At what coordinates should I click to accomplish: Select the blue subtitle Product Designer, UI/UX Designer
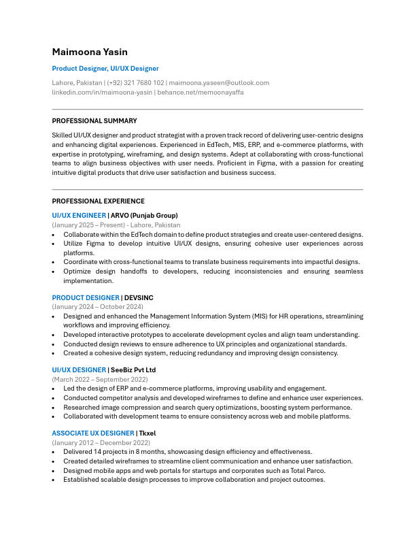pyautogui.click(x=105, y=69)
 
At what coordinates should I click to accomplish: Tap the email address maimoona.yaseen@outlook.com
pyautogui.click(x=219, y=82)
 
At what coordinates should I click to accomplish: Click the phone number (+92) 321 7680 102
pyautogui.click(x=135, y=82)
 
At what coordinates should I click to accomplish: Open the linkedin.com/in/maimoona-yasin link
pyautogui.click(x=102, y=92)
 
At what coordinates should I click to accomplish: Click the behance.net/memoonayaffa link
pyautogui.click(x=201, y=92)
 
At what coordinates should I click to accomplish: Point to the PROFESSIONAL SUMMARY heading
pyautogui.click(x=94, y=121)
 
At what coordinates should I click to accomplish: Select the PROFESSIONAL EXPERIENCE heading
pyautogui.click(x=98, y=201)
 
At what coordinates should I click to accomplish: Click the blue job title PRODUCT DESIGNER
pyautogui.click(x=85, y=298)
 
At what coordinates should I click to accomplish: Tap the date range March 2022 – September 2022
pyautogui.click(x=100, y=379)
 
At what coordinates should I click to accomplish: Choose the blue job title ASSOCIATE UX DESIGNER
pyautogui.click(x=92, y=433)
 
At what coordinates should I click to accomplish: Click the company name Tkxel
pyautogui.click(x=148, y=433)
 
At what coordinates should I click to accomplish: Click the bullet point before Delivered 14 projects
pyautogui.click(x=54, y=452)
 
